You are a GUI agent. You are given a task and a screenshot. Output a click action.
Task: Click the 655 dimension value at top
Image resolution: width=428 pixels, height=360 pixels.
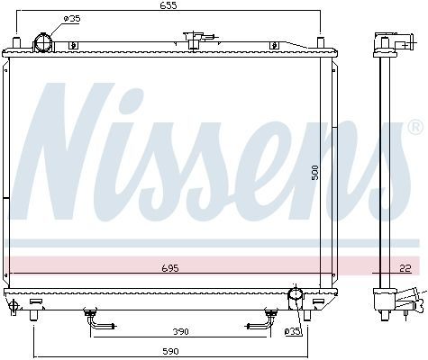click(x=168, y=5)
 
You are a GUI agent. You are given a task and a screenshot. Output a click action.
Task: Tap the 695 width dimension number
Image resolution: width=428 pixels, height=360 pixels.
click(x=170, y=268)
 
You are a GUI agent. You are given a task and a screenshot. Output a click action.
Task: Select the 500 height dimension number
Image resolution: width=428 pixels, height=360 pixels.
click(x=314, y=172)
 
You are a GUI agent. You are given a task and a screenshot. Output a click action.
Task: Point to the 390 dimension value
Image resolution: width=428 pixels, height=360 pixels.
click(x=180, y=331)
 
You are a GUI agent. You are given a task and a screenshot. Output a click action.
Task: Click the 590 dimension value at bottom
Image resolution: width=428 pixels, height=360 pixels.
click(x=170, y=351)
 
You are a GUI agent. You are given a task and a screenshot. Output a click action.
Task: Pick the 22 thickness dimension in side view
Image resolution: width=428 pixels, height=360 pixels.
click(x=405, y=268)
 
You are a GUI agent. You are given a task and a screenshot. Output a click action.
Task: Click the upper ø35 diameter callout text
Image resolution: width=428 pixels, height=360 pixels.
click(x=72, y=19)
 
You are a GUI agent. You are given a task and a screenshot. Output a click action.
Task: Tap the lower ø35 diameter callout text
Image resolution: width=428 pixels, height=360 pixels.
click(x=293, y=331)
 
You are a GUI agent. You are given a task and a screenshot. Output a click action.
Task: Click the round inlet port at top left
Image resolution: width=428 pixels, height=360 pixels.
click(x=43, y=43)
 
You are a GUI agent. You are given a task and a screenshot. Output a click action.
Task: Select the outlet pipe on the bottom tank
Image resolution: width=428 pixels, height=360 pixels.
click(x=296, y=298)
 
